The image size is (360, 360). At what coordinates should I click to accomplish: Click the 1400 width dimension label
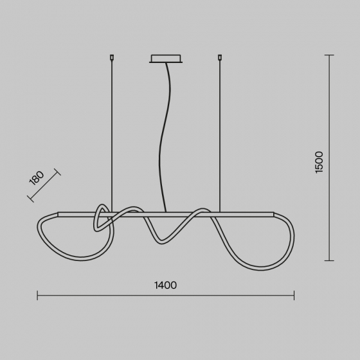pyautogui.click(x=165, y=285)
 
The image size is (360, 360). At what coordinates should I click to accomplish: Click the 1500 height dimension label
pyautogui.click(x=319, y=162)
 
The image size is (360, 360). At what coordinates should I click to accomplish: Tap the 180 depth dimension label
pyautogui.click(x=37, y=178)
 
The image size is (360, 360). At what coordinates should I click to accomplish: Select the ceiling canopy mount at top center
pyautogui.click(x=166, y=59)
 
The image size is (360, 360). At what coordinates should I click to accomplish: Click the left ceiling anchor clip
pyautogui.click(x=112, y=57)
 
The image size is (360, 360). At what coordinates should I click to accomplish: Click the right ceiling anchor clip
pyautogui.click(x=220, y=57)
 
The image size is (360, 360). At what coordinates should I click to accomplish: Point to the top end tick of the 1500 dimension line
pyautogui.click(x=329, y=55)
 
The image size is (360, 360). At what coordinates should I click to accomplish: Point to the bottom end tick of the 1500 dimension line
pyautogui.click(x=329, y=260)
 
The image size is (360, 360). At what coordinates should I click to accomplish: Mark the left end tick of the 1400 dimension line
pyautogui.click(x=37, y=295)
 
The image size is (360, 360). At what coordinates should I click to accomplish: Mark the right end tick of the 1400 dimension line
pyautogui.click(x=294, y=295)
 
